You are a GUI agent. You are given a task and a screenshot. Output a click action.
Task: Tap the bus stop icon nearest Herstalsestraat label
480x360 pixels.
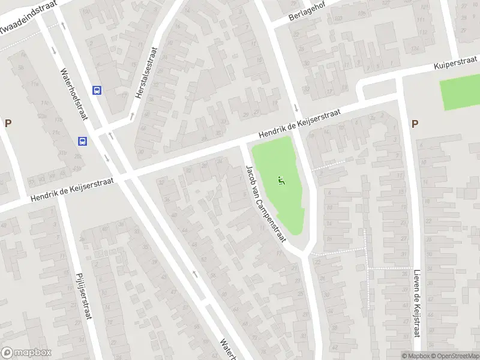point(97,90)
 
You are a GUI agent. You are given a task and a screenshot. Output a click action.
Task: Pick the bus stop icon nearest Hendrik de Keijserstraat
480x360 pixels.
point(83,142)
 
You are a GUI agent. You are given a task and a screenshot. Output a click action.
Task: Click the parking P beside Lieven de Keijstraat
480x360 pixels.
point(415,124)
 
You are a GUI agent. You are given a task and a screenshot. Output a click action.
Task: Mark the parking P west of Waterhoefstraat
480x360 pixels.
point(8,124)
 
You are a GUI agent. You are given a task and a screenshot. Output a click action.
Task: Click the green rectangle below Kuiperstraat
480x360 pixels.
point(460,94)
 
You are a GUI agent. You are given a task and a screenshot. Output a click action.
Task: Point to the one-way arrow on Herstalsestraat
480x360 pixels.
point(132,116)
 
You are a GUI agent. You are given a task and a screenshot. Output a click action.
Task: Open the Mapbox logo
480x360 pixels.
point(26,353)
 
